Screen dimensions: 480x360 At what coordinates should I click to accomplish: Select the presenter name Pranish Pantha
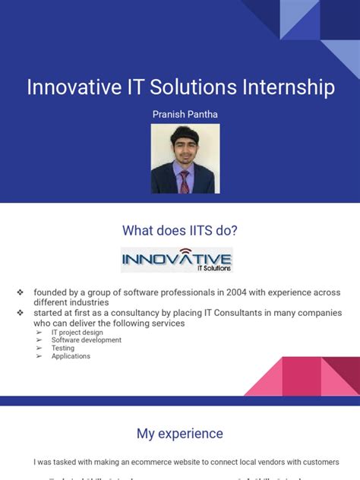(x=180, y=114)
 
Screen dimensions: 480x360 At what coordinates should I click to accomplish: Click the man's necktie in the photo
(x=185, y=181)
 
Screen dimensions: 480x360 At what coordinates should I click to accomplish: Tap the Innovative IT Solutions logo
(x=177, y=260)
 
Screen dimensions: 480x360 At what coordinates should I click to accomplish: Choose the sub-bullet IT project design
(x=77, y=332)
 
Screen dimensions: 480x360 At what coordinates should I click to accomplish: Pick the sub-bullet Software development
(x=86, y=340)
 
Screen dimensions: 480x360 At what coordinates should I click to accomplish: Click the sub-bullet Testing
(x=63, y=349)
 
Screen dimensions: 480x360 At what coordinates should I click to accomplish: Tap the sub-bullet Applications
(x=71, y=356)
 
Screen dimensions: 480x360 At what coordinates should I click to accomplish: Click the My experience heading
(x=180, y=434)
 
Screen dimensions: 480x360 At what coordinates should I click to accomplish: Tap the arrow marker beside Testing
(x=39, y=349)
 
